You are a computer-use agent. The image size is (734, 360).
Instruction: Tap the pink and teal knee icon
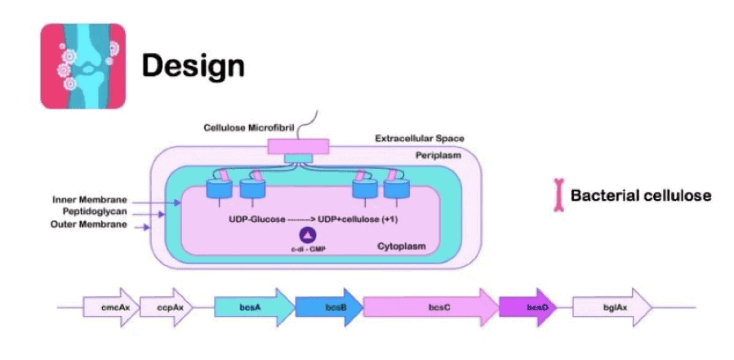(x=82, y=65)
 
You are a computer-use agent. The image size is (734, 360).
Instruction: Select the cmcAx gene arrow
(x=106, y=307)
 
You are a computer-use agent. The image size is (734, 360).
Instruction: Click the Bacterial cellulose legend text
(x=640, y=196)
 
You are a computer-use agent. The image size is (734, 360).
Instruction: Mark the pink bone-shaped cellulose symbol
(x=559, y=196)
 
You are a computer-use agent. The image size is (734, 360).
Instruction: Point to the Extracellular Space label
(x=420, y=139)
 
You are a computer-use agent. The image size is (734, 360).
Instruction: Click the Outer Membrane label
(x=87, y=224)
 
